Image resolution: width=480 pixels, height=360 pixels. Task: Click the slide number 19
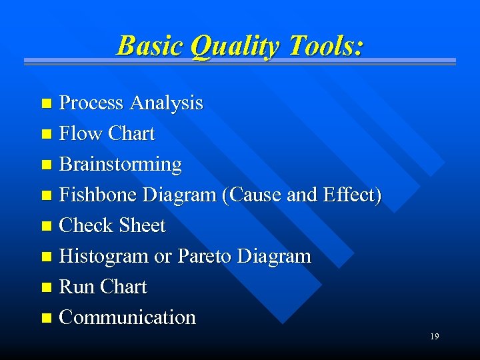click(x=434, y=337)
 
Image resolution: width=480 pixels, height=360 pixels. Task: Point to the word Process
click(x=91, y=103)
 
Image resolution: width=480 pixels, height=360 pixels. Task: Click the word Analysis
click(x=166, y=103)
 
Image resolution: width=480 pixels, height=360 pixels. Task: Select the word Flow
click(x=79, y=133)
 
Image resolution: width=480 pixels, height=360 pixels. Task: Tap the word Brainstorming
click(x=120, y=164)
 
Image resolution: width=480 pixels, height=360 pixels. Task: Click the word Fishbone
click(x=99, y=195)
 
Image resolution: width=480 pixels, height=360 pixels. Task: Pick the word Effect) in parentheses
click(x=352, y=195)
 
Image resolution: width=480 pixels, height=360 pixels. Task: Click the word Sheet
click(x=141, y=225)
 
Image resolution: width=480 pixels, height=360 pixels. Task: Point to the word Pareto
click(x=204, y=256)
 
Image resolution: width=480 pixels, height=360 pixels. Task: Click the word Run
click(x=77, y=287)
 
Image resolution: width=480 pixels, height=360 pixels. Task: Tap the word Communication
click(x=127, y=317)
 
